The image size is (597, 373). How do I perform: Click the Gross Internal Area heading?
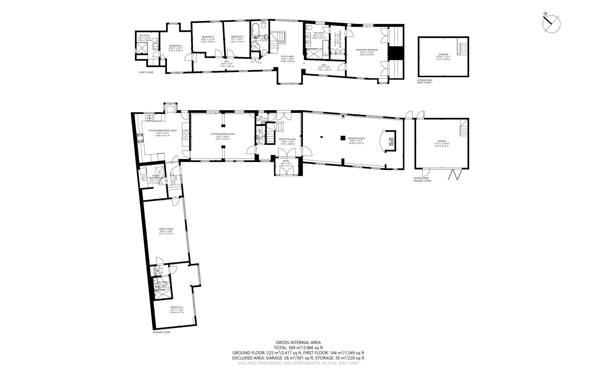(298, 343)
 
